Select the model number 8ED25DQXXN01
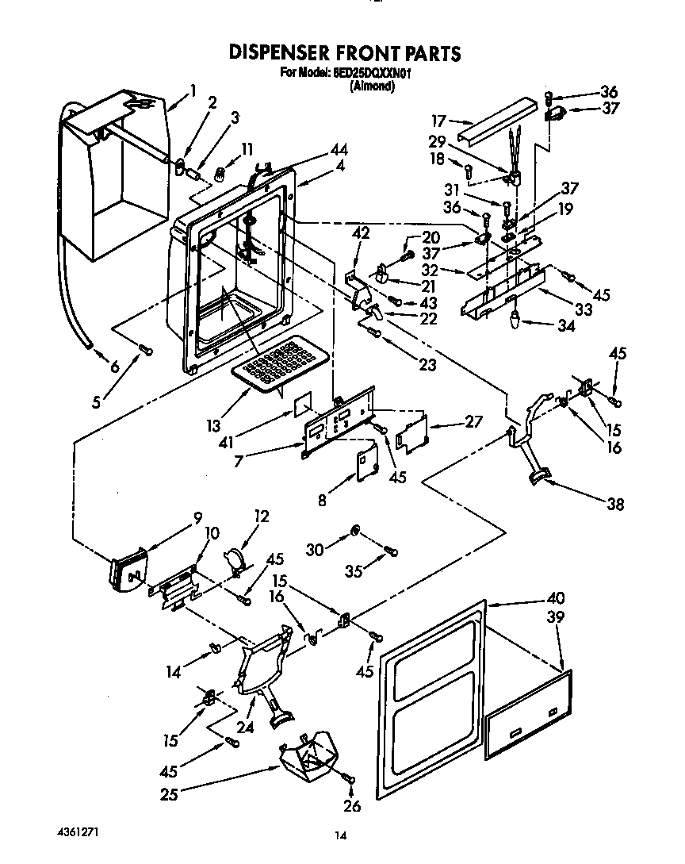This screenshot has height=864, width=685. [x=370, y=74]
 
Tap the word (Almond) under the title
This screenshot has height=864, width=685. [x=372, y=86]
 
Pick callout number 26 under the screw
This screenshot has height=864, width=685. [x=352, y=806]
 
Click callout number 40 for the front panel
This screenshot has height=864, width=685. [x=555, y=598]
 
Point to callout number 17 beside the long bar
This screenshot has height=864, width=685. [x=438, y=121]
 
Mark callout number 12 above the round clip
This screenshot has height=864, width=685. [x=262, y=516]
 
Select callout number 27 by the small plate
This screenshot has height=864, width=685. [x=473, y=422]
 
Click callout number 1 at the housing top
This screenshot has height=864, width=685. [x=193, y=90]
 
